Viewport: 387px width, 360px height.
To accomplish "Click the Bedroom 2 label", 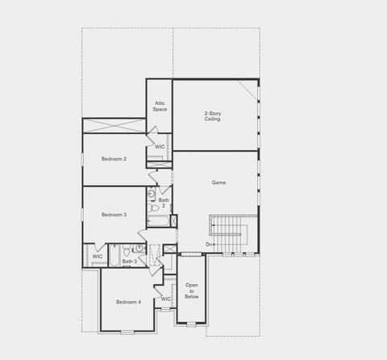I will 114,159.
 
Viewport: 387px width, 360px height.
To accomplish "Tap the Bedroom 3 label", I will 114,215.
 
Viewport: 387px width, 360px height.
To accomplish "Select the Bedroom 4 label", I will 128,302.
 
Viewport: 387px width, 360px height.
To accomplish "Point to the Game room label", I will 218,182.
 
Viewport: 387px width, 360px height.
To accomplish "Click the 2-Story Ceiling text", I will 213,116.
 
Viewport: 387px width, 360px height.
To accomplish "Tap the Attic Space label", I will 160,107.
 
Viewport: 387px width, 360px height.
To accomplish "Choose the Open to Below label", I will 192,291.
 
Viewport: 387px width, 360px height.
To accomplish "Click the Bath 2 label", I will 164,203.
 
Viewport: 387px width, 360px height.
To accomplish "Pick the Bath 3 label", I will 129,262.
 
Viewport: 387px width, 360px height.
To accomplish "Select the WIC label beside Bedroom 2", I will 160,147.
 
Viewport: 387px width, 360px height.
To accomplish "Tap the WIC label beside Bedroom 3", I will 97,257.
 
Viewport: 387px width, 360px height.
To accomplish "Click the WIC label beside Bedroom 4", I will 165,299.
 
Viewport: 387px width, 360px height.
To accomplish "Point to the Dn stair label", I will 210,244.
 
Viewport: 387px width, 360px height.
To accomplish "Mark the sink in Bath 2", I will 151,194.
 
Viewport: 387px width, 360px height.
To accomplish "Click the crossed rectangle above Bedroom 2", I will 114,126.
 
